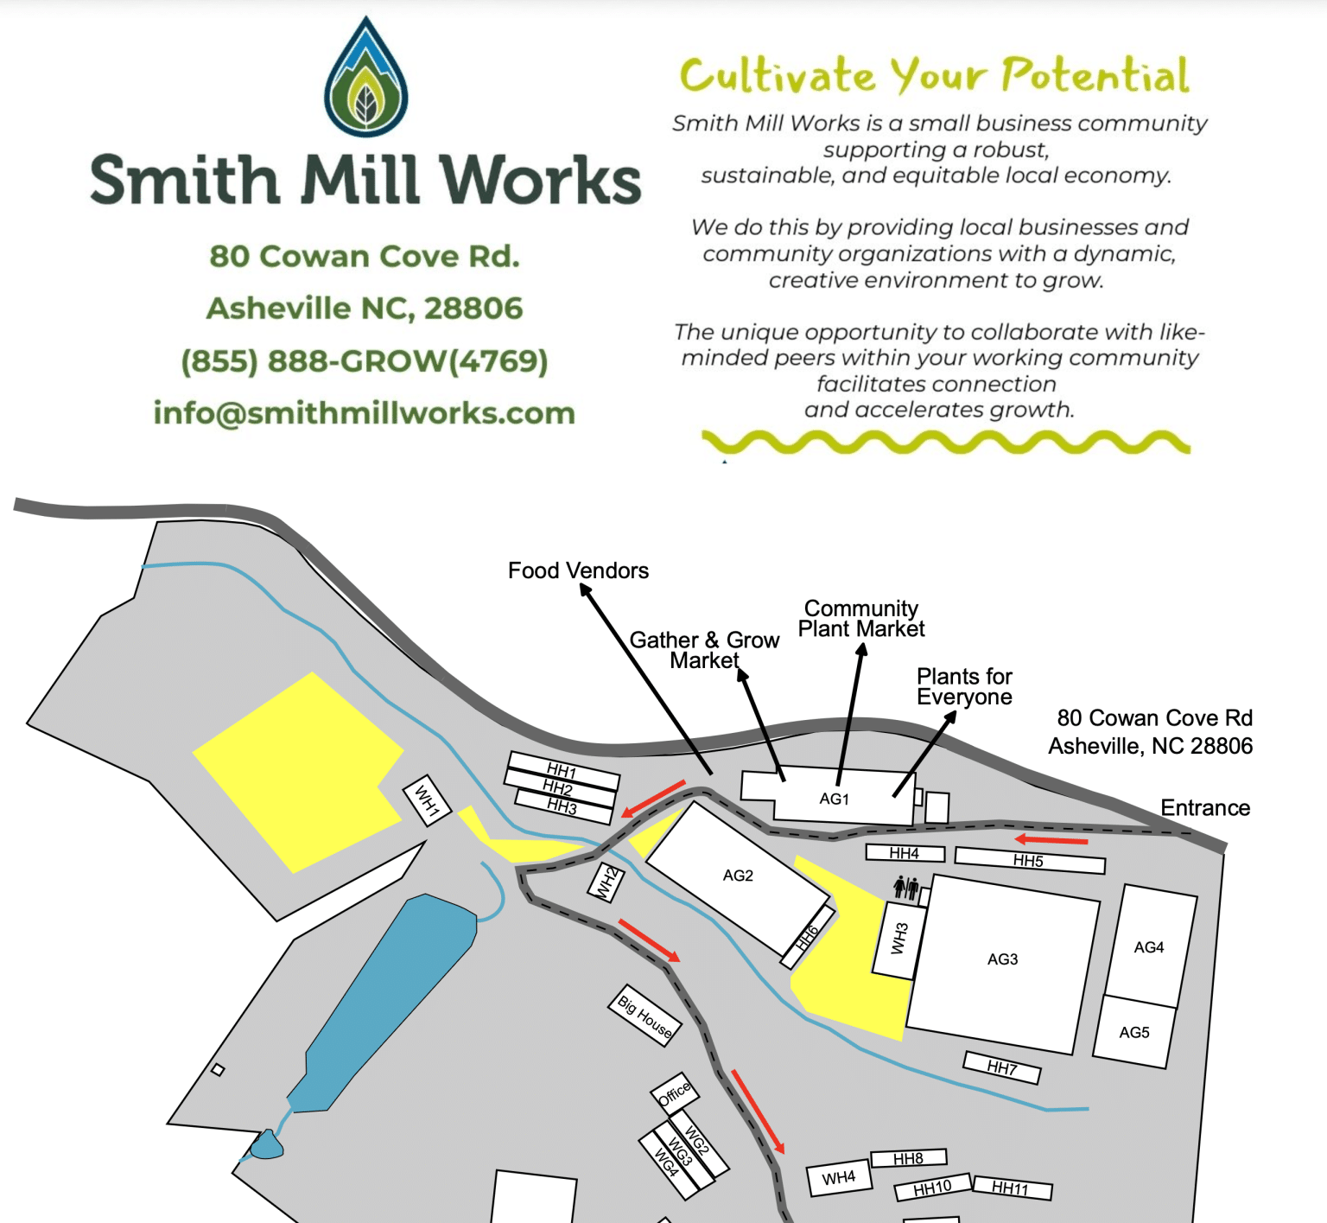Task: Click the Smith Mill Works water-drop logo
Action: click(365, 78)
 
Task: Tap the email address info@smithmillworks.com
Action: click(364, 413)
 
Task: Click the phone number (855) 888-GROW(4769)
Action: click(364, 360)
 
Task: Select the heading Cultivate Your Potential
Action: click(934, 75)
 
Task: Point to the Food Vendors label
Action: click(578, 570)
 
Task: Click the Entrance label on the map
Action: click(1205, 807)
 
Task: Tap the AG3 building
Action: click(1003, 959)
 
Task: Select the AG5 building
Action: click(1134, 1032)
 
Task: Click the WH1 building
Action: click(428, 799)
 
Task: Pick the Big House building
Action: click(645, 1015)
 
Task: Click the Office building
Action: click(675, 1093)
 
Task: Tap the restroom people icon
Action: click(905, 887)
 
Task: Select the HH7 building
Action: click(1002, 1067)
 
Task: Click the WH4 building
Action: click(838, 1177)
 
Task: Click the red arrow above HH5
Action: click(1051, 839)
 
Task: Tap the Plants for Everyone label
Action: click(964, 686)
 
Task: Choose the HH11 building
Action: click(1012, 1189)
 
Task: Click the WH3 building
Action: click(899, 940)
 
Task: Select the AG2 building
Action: click(737, 876)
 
